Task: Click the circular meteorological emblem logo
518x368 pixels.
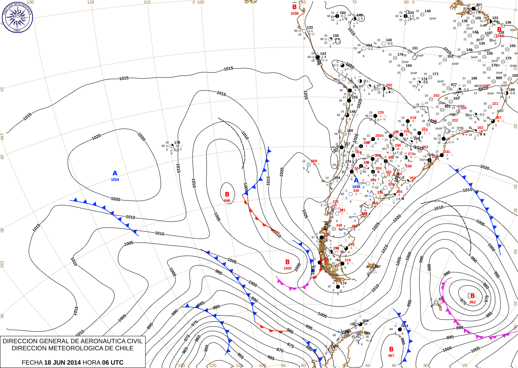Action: (17, 17)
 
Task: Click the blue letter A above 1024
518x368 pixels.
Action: (115, 173)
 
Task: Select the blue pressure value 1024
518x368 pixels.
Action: (115, 180)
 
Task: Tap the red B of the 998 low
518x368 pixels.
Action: (227, 194)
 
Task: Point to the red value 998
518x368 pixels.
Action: (227, 201)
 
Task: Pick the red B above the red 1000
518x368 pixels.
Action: (288, 262)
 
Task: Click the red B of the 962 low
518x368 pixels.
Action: (472, 296)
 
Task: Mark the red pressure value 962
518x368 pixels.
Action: (472, 302)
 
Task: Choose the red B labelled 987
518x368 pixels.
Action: (391, 349)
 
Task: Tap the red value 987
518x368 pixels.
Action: (391, 356)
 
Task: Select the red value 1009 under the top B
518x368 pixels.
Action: (295, 14)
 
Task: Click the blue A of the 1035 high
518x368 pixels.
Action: (356, 181)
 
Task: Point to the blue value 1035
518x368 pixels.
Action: (356, 187)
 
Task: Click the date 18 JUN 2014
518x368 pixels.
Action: (62, 362)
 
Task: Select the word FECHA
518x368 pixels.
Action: (32, 362)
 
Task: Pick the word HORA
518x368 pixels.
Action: (91, 362)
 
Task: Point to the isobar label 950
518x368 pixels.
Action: (207, 349)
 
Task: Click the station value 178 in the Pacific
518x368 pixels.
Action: (177, 142)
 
